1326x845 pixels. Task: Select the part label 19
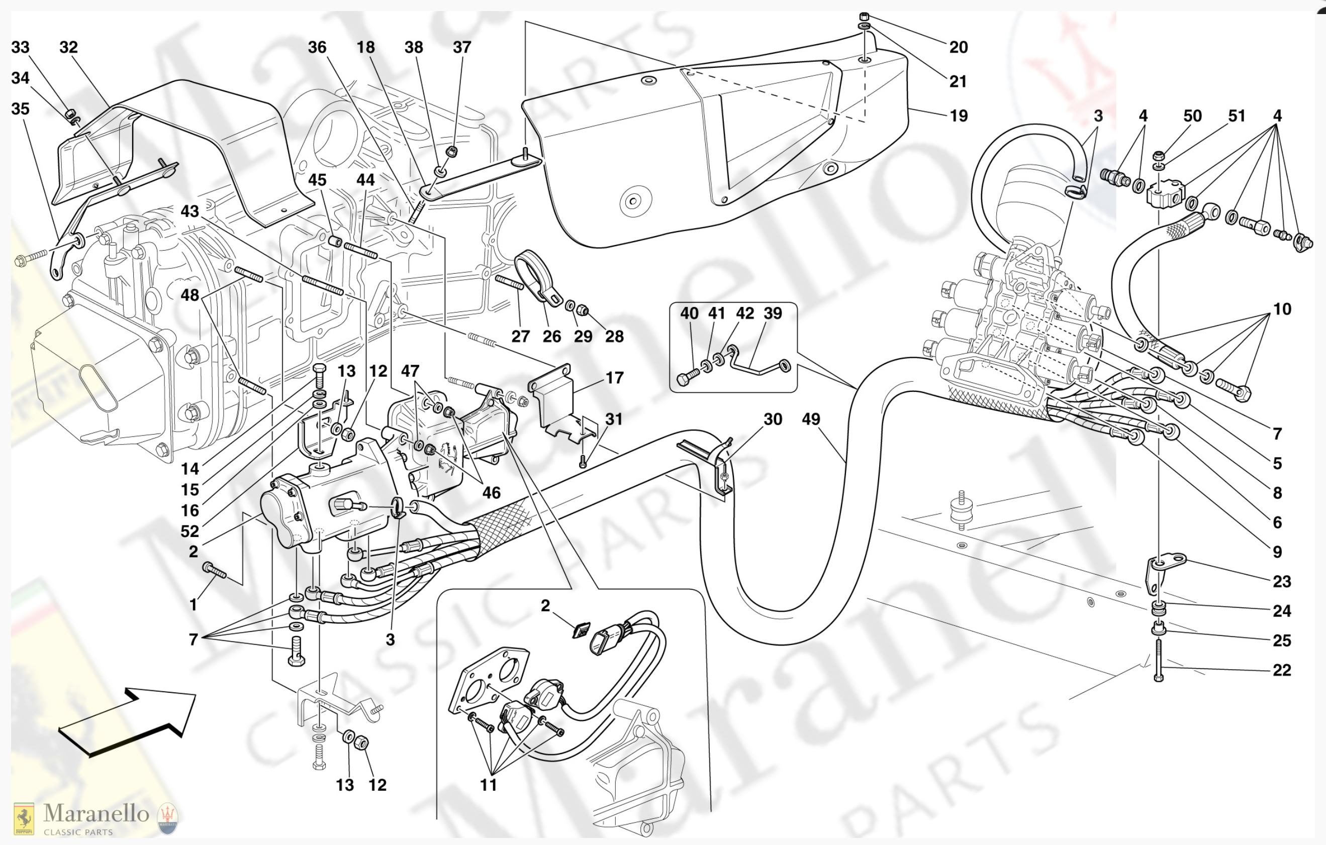click(x=958, y=116)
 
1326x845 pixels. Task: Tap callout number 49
click(x=811, y=419)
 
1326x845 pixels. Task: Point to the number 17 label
click(x=615, y=378)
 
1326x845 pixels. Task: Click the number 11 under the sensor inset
click(x=489, y=785)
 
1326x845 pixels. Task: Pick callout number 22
click(x=1282, y=670)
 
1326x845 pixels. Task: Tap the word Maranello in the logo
click(x=97, y=814)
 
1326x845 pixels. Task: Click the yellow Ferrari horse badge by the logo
click(x=24, y=818)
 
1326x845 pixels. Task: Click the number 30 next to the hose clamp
click(x=773, y=419)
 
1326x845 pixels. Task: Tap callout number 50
click(x=1192, y=116)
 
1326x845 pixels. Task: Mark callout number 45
click(x=317, y=180)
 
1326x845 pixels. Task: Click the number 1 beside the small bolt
click(x=193, y=605)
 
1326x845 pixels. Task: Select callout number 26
click(x=551, y=337)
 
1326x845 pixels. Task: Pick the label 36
click(x=317, y=47)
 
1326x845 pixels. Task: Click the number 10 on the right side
click(x=1282, y=309)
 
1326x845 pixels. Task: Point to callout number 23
click(x=1282, y=581)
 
